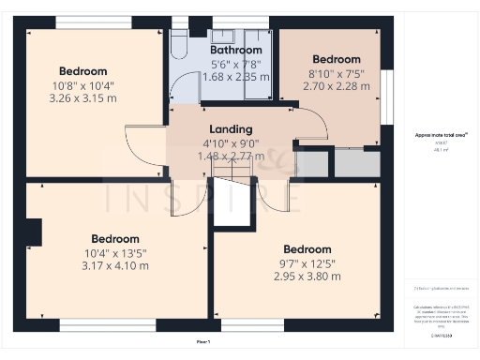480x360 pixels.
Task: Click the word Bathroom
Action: [235, 50]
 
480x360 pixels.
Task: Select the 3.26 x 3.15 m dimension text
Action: [83, 97]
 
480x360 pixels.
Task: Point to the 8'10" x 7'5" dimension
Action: [336, 72]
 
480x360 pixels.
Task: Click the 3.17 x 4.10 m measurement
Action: [115, 265]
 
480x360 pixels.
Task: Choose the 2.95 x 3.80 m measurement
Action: [307, 276]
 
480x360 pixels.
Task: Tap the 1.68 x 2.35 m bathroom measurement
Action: [235, 77]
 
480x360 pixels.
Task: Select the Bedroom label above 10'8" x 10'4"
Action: [83, 70]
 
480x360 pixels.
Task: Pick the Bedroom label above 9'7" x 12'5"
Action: [307, 248]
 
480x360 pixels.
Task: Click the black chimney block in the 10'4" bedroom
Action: [34, 232]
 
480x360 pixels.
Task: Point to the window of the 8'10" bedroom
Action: [384, 97]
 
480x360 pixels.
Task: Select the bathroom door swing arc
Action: [184, 90]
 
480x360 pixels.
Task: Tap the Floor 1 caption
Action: [203, 343]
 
